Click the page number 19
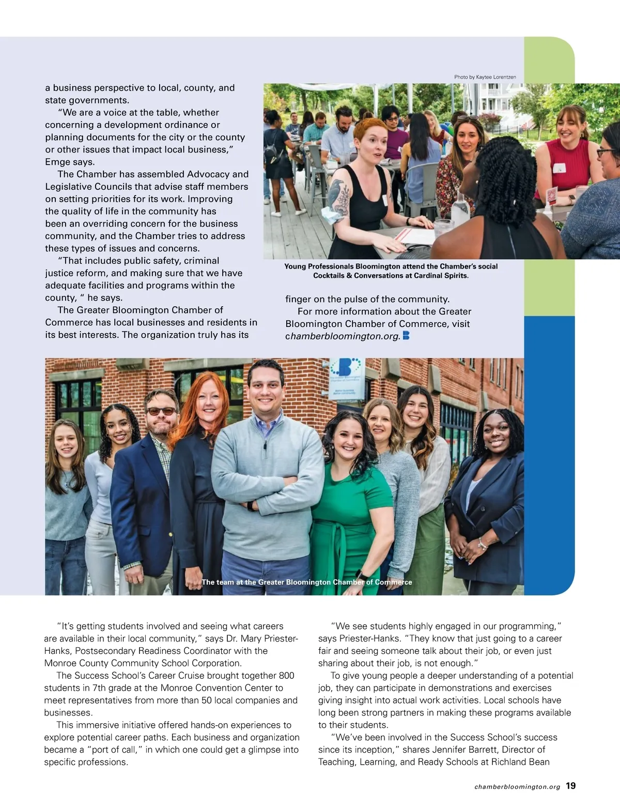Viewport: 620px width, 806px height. tap(570, 786)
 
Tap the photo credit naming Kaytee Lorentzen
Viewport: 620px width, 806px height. tap(485, 77)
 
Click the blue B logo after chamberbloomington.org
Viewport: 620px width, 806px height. tap(406, 336)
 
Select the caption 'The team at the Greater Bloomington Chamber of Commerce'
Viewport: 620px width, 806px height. tap(307, 582)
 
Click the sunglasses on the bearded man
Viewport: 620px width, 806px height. tap(161, 411)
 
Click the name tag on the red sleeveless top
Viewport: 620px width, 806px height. tap(560, 168)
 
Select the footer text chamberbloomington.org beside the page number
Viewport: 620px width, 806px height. tap(517, 787)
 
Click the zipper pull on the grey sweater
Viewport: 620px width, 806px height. tap(265, 445)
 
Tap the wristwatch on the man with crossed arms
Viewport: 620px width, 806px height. tap(251, 505)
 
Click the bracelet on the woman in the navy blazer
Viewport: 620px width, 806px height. tap(482, 544)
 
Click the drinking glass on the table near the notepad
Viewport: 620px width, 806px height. tap(442, 228)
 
